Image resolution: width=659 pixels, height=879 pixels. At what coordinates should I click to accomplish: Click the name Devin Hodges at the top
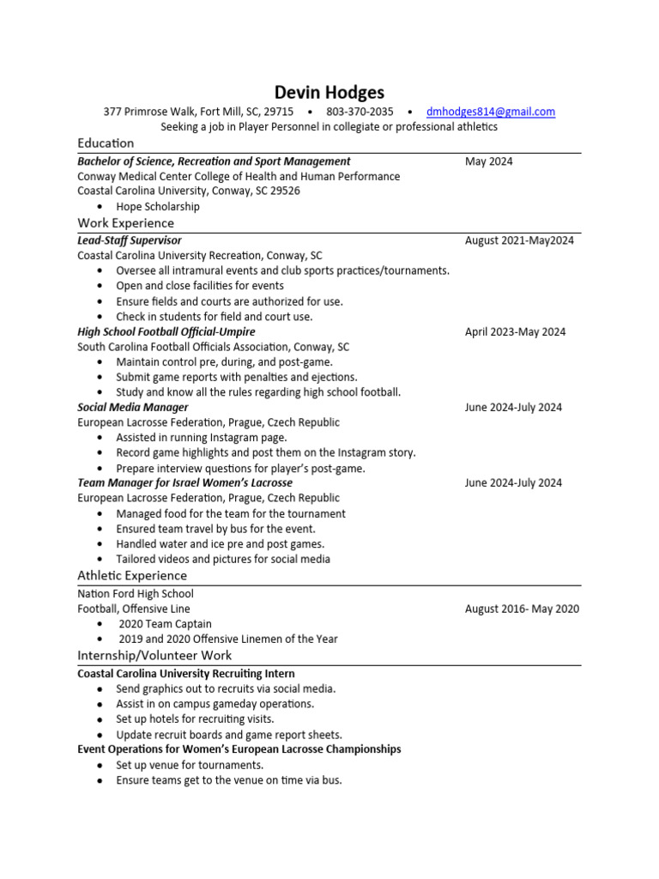(x=329, y=92)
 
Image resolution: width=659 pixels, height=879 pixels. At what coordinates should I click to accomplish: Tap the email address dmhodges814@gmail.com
(x=490, y=112)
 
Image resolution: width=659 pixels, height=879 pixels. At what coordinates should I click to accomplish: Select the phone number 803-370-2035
(x=360, y=112)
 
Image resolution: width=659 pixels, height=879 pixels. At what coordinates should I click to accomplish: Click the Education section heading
(x=106, y=142)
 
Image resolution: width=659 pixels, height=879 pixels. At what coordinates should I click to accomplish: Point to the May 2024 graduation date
(x=489, y=161)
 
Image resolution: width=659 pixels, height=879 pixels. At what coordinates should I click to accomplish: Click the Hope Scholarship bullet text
(x=158, y=207)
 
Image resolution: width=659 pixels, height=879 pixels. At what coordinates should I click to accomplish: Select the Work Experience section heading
(x=125, y=223)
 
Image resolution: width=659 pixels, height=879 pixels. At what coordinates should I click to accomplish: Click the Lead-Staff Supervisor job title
(x=130, y=240)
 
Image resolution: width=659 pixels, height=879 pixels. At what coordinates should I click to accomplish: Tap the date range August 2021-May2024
(x=519, y=240)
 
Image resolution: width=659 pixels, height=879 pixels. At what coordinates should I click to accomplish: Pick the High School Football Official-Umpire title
(x=166, y=331)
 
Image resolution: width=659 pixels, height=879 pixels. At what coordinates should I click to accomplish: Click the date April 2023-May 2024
(x=515, y=331)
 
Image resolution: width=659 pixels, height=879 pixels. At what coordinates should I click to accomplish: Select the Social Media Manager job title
(x=133, y=407)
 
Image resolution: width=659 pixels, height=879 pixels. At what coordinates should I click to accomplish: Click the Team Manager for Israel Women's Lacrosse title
(x=184, y=482)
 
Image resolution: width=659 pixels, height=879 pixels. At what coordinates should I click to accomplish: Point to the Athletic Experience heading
(x=132, y=575)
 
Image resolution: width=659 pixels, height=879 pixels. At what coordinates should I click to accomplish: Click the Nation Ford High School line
(x=136, y=594)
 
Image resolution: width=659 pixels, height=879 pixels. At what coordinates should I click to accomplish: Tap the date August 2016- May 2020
(x=522, y=609)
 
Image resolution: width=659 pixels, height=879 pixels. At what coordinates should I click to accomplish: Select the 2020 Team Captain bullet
(x=165, y=624)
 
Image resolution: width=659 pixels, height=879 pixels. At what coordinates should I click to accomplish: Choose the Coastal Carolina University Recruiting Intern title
(x=186, y=674)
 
